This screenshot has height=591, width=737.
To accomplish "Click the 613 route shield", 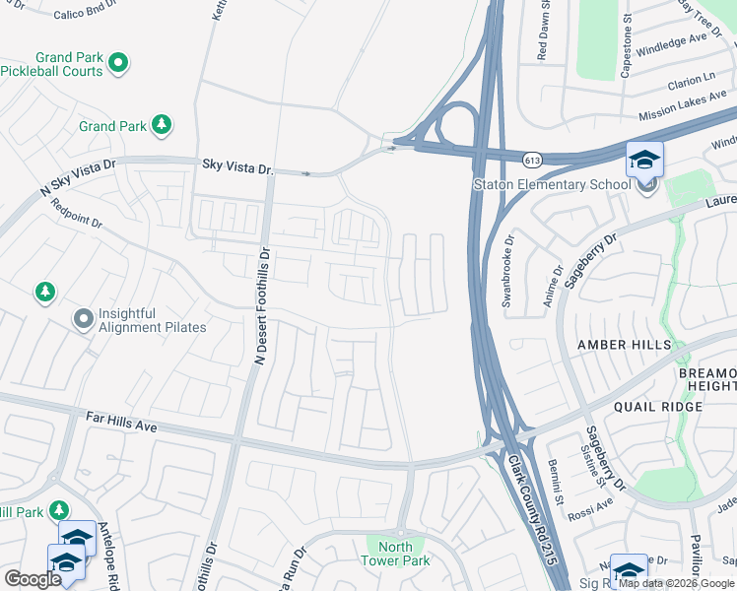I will [533, 159].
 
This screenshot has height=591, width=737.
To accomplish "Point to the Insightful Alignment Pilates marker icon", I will [83, 319].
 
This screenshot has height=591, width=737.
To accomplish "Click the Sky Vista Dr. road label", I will [237, 167].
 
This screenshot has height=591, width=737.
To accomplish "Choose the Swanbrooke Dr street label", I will [508, 271].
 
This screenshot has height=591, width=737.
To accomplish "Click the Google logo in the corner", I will [32, 579].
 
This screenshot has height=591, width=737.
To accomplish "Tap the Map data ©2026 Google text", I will [676, 583].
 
